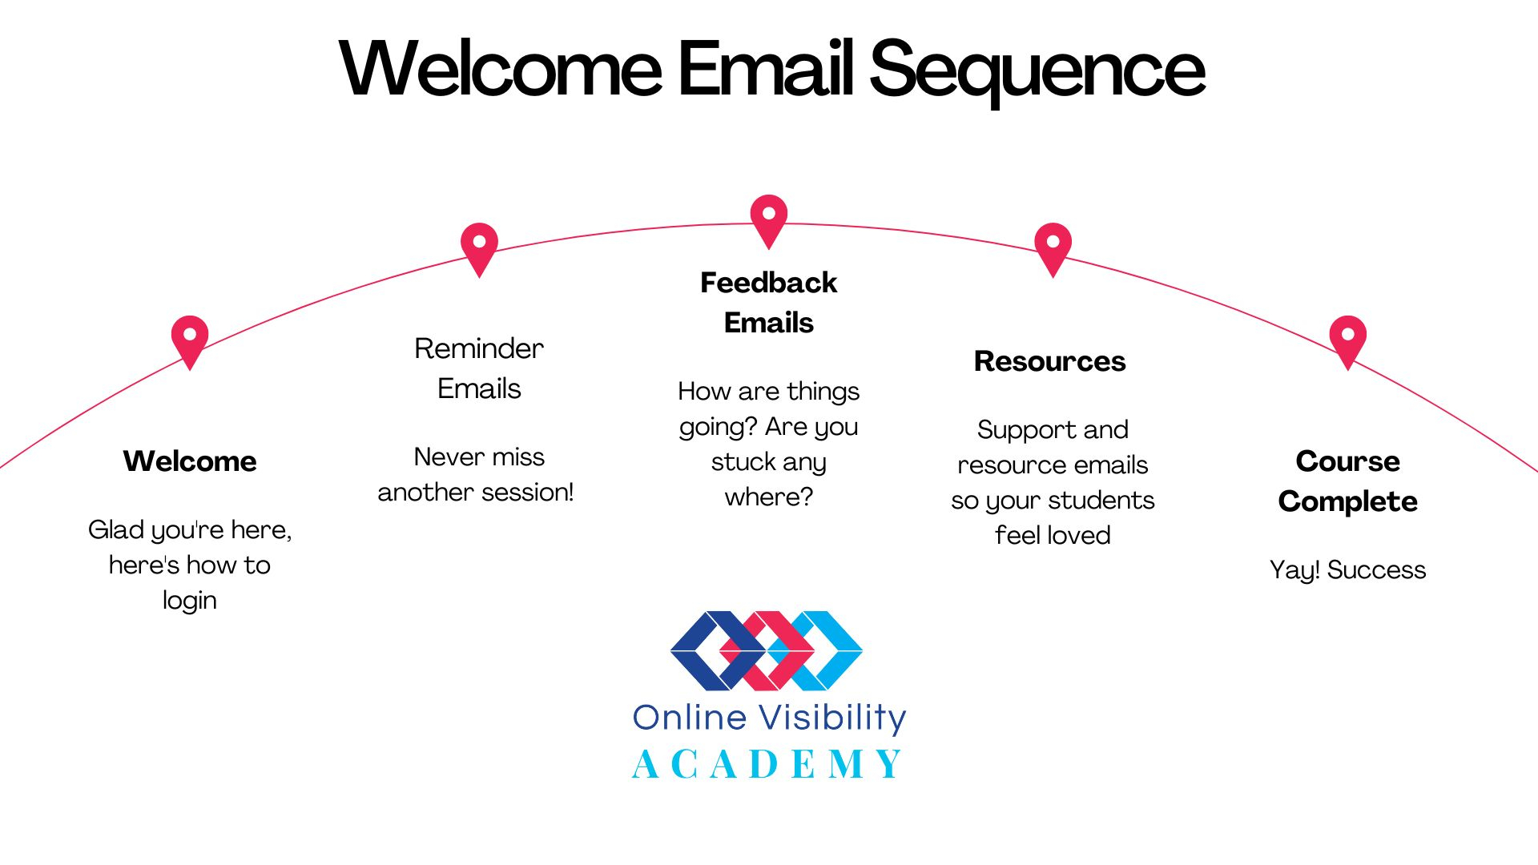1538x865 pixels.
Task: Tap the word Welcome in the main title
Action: [x=501, y=70]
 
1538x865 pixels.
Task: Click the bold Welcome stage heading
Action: [x=190, y=461]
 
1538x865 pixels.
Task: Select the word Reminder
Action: [x=479, y=348]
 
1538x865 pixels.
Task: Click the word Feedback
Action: [x=768, y=283]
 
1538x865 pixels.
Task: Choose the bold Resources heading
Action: [x=1049, y=361]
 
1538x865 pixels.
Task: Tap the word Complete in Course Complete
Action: [x=1347, y=501]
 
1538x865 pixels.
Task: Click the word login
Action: [x=190, y=601]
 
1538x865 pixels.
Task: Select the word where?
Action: [x=768, y=497]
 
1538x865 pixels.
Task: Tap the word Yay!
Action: [x=1294, y=570]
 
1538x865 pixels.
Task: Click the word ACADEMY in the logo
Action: [x=767, y=764]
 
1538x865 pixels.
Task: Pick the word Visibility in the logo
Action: [x=832, y=718]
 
